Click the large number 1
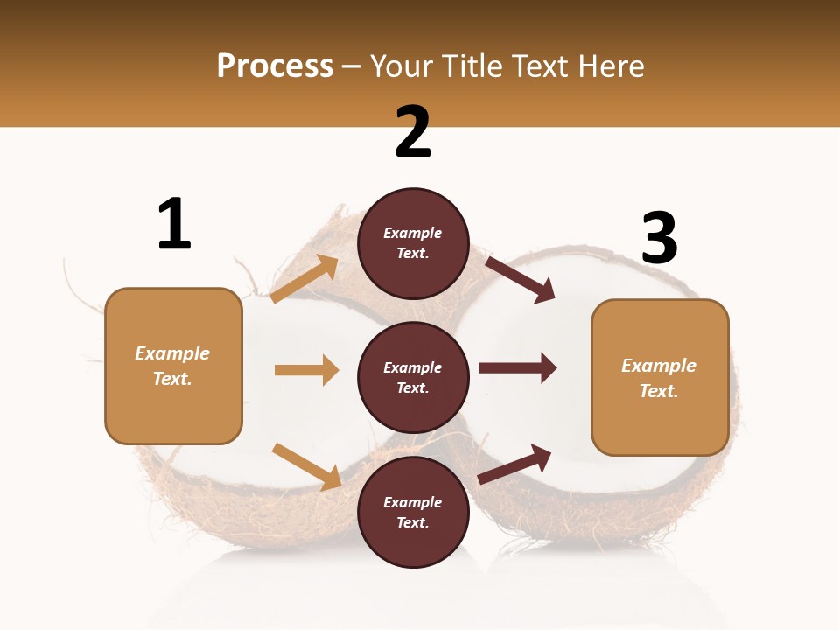(x=174, y=225)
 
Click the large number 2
(x=413, y=132)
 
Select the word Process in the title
(x=275, y=66)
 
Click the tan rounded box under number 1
(x=173, y=366)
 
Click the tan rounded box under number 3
(x=660, y=378)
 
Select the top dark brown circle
(x=413, y=243)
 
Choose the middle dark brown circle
(x=413, y=377)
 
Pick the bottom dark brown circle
(x=413, y=512)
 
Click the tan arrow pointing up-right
(x=304, y=279)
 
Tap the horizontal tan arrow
(x=306, y=370)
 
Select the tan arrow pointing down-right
(x=307, y=465)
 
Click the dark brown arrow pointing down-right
(x=520, y=279)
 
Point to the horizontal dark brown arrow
(x=517, y=367)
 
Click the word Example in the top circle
(x=413, y=234)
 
